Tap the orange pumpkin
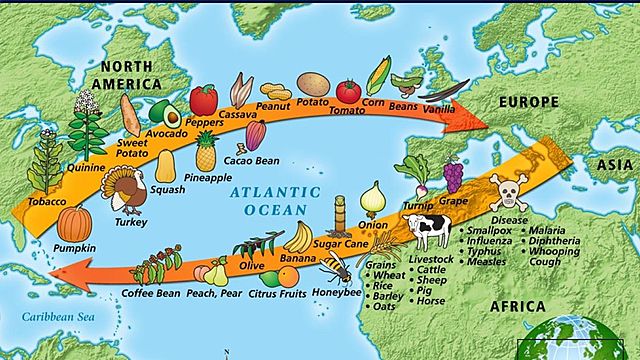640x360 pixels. tap(73, 223)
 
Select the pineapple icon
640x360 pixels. tap(206, 151)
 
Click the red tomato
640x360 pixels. tap(348, 91)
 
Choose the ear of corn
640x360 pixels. tap(380, 76)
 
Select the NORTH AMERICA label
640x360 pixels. tap(140, 76)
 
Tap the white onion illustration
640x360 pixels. tap(373, 198)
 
